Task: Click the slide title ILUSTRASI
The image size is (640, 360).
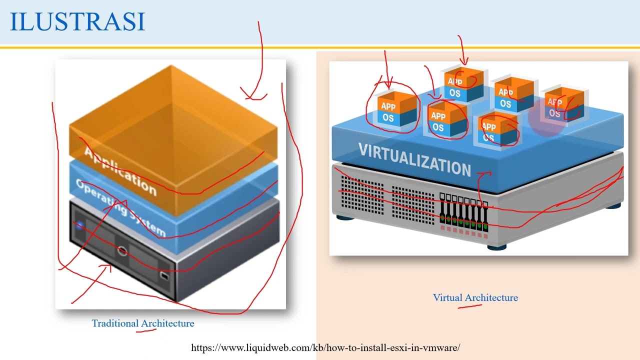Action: pyautogui.click(x=77, y=22)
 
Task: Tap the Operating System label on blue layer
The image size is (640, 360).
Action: pyautogui.click(x=120, y=207)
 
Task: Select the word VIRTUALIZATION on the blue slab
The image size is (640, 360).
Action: pyautogui.click(x=414, y=159)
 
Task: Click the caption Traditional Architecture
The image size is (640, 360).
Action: pyautogui.click(x=143, y=323)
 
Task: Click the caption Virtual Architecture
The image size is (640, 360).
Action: pyautogui.click(x=475, y=297)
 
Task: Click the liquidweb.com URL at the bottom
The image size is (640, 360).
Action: pyautogui.click(x=325, y=347)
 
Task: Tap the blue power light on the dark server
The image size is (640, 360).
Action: pyautogui.click(x=78, y=225)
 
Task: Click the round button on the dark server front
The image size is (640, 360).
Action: pyautogui.click(x=122, y=250)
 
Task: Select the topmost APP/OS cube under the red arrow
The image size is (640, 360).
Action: pyautogui.click(x=463, y=85)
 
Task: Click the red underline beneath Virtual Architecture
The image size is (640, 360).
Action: pyautogui.click(x=470, y=306)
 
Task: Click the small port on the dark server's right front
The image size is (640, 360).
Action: pyautogui.click(x=164, y=275)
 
